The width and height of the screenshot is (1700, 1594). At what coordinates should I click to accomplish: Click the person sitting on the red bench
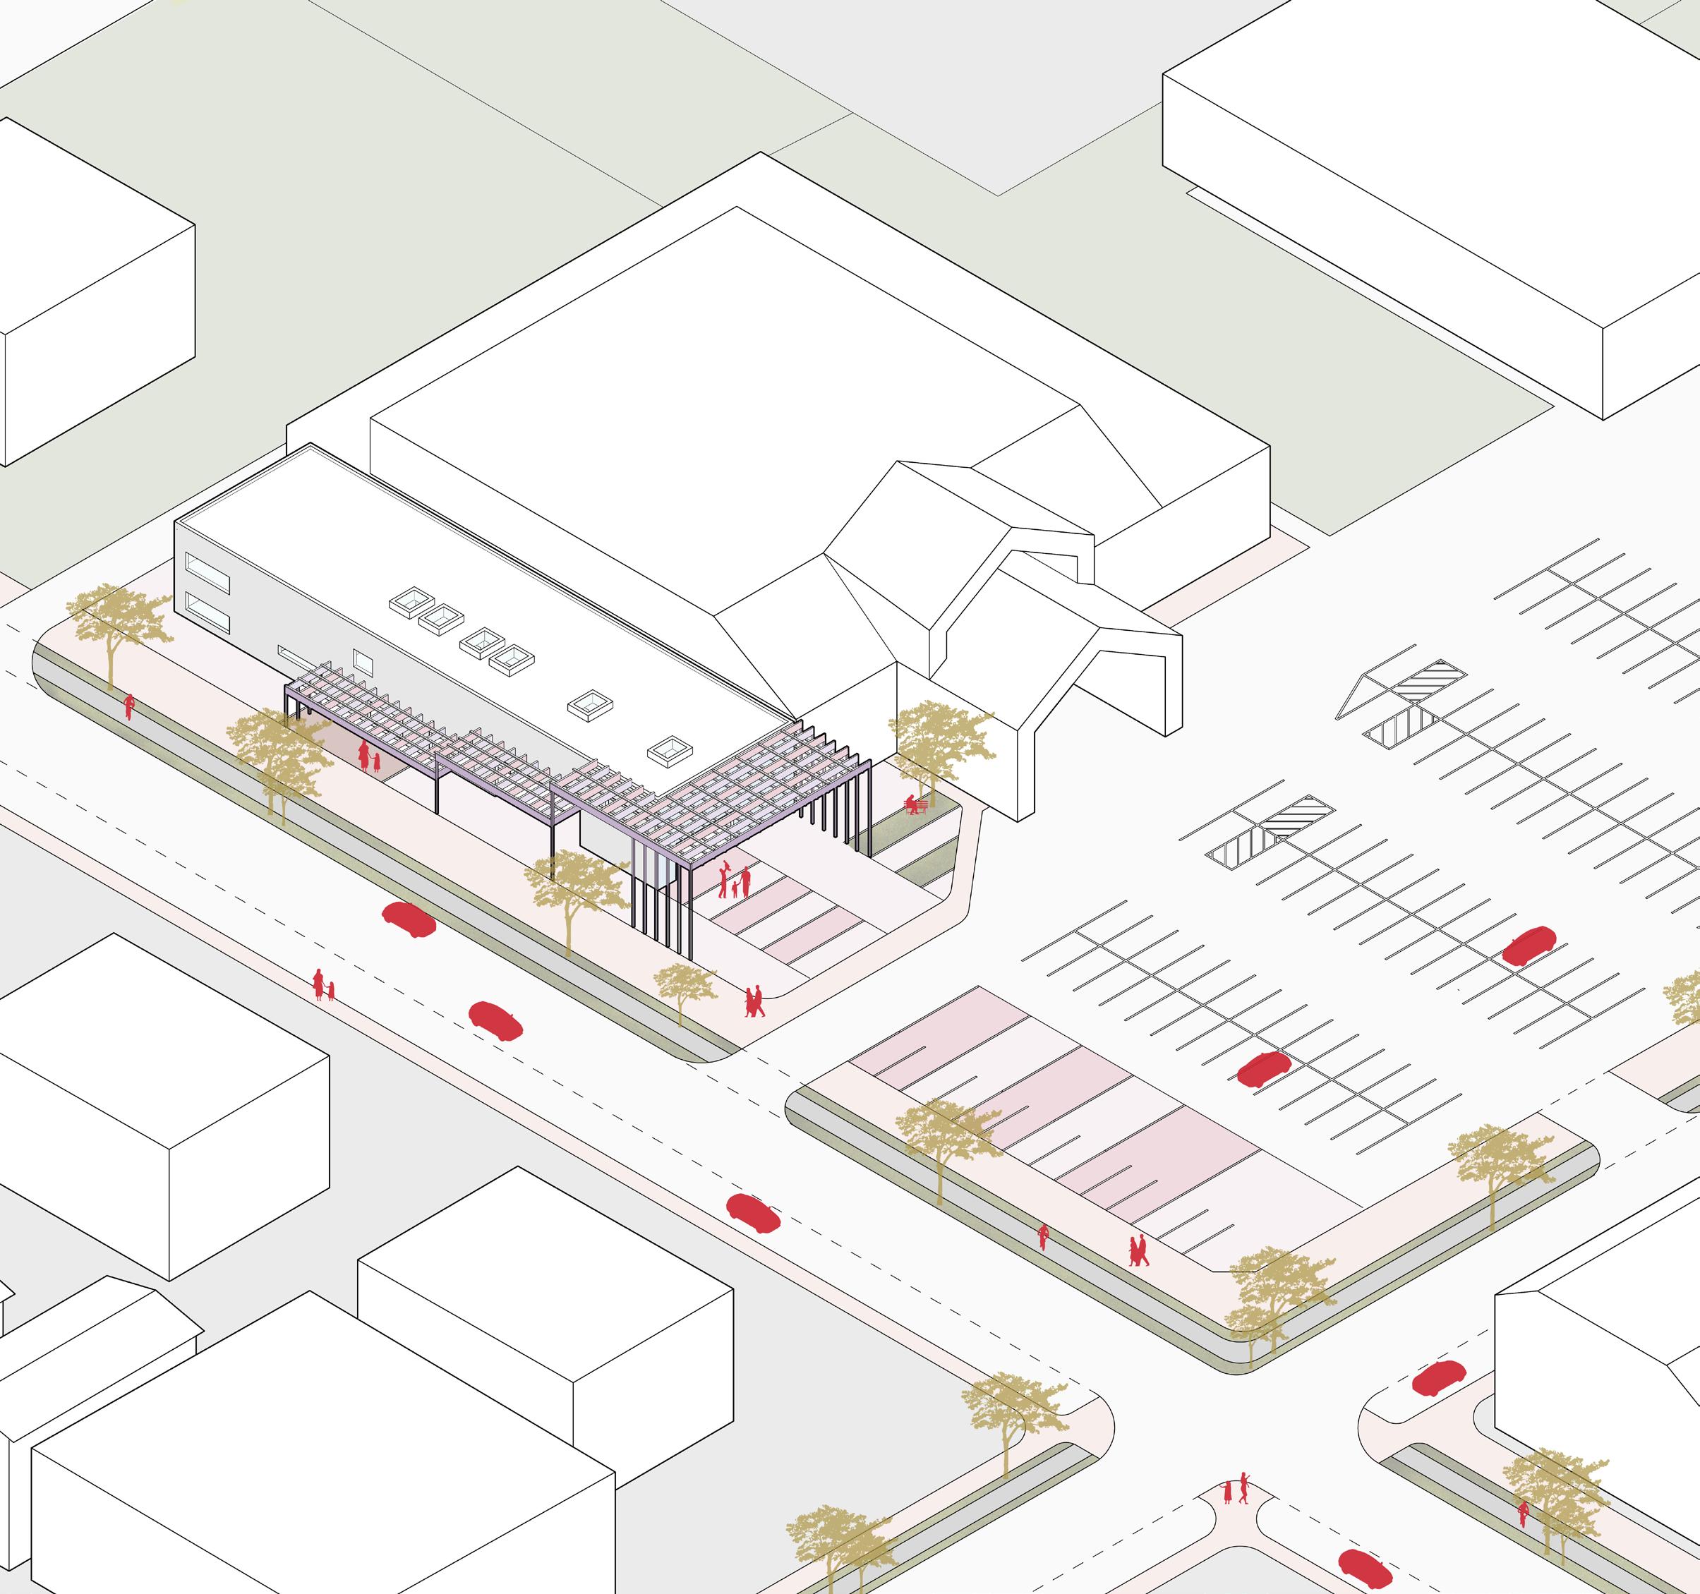pyautogui.click(x=913, y=804)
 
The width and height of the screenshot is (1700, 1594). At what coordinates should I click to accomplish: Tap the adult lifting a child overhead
pyautogui.click(x=724, y=880)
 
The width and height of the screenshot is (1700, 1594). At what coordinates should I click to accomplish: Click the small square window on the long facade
pyautogui.click(x=363, y=661)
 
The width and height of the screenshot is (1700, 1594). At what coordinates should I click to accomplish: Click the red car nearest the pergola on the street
pyautogui.click(x=409, y=919)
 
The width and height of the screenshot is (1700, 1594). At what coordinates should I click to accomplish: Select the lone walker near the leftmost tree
pyautogui.click(x=129, y=706)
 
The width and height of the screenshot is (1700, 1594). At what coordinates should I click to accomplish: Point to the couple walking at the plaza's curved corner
pyautogui.click(x=754, y=1001)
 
